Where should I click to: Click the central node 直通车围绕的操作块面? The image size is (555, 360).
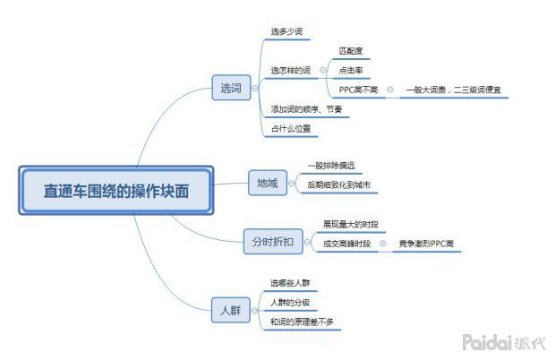(116, 191)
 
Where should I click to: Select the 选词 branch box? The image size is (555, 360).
(231, 88)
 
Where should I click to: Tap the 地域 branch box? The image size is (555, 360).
(267, 184)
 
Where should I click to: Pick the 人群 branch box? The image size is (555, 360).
(230, 311)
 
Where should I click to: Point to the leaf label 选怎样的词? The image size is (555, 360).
(290, 70)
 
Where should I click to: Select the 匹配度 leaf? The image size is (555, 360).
(351, 51)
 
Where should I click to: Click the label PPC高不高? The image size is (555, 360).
(358, 90)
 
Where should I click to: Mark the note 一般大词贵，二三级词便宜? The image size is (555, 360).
(452, 90)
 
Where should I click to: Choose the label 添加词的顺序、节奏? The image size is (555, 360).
(305, 109)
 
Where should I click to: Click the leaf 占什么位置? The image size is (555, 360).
(291, 129)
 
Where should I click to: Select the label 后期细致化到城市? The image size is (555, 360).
(339, 185)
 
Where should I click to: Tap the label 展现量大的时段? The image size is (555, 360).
(351, 224)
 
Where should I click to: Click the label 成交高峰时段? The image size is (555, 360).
(347, 243)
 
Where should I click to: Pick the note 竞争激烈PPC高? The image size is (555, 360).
(426, 243)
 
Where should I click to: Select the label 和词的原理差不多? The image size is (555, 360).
(305, 321)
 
